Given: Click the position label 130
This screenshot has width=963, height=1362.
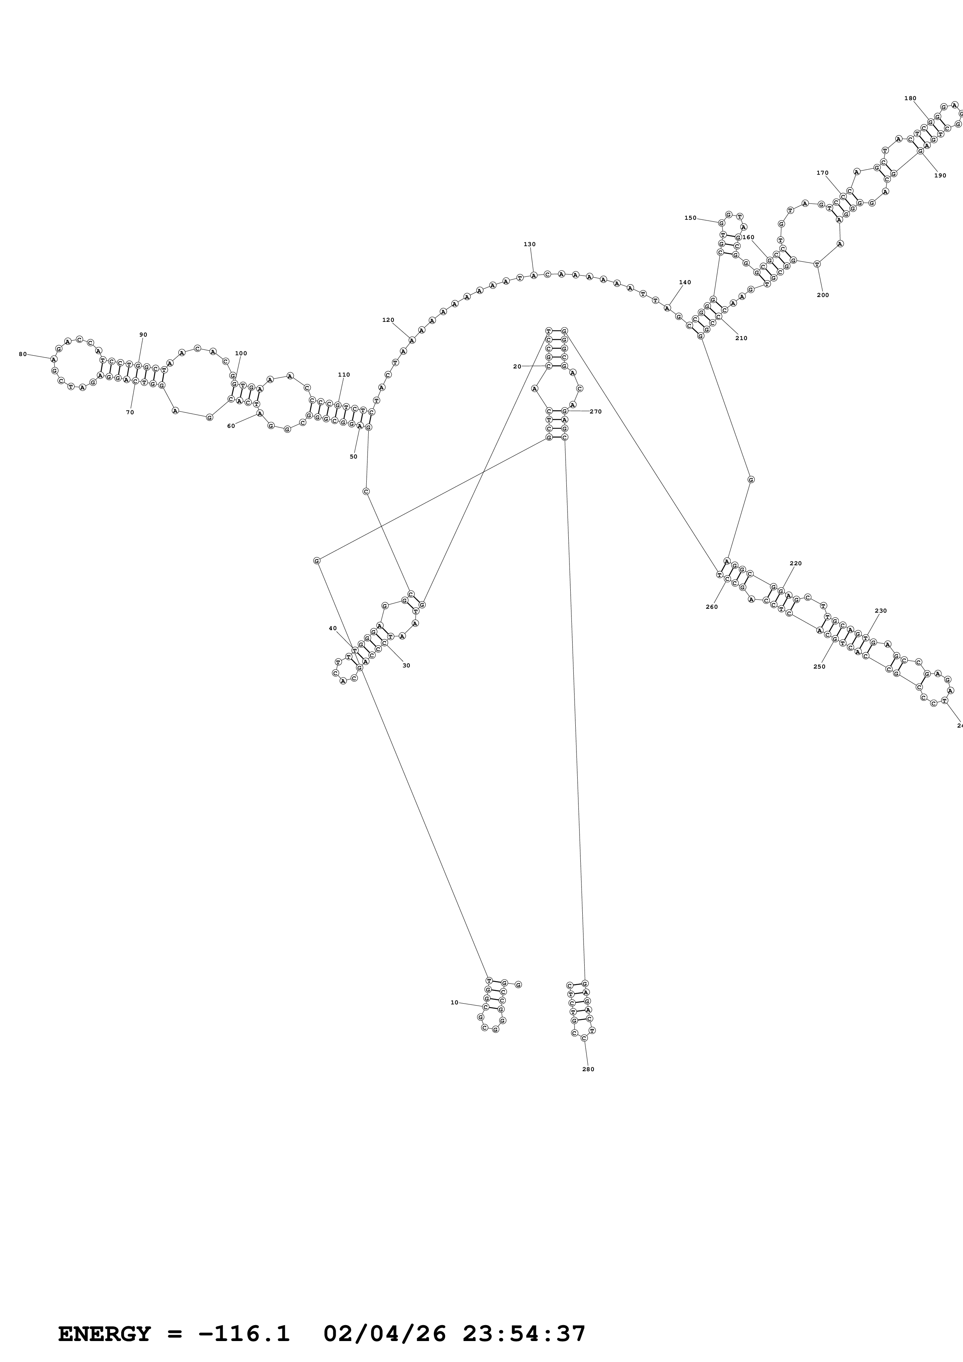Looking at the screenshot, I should [x=529, y=244].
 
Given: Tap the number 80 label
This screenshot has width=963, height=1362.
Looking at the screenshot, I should [x=23, y=354].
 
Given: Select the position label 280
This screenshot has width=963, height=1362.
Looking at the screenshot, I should [x=588, y=1069].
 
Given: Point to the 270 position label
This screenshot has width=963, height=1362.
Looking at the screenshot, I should [x=596, y=412].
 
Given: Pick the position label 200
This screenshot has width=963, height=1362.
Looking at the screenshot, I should [x=823, y=295].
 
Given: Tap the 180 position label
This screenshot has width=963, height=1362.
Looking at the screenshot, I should [x=910, y=99].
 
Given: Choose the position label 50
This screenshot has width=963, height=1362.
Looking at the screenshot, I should [x=354, y=457].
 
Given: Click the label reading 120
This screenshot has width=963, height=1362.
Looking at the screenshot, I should [x=388, y=320].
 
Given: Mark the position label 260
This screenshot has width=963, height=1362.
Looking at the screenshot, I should [x=712, y=607].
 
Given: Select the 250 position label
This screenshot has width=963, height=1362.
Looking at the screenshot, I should [x=819, y=666].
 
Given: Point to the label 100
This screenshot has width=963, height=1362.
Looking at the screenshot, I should [x=241, y=354].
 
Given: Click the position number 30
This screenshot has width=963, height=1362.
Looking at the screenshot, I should [x=406, y=665].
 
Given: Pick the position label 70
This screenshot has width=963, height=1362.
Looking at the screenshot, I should [x=130, y=412].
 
